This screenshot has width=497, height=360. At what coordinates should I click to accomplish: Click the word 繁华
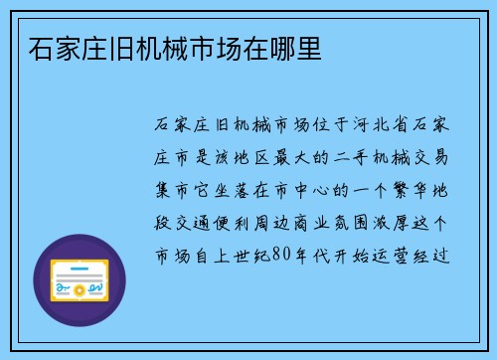(408, 186)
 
